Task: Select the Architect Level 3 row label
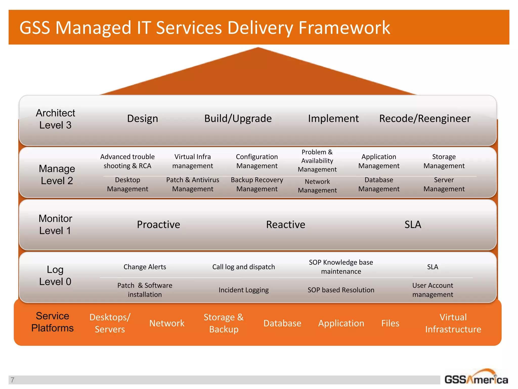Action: click(x=55, y=119)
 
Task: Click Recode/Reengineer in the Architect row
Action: click(x=425, y=119)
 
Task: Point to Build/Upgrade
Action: click(x=238, y=119)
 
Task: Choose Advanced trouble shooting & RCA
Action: click(x=127, y=161)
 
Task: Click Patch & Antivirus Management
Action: click(x=192, y=184)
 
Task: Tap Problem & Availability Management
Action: click(x=317, y=161)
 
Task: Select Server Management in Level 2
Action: click(x=444, y=184)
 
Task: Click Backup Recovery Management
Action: click(x=257, y=184)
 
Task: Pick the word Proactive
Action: click(x=158, y=225)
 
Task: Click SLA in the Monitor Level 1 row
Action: click(x=413, y=225)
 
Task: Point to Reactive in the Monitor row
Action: click(x=286, y=225)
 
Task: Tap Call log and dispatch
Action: click(x=243, y=267)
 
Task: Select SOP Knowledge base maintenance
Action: click(x=341, y=267)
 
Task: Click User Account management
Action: click(x=433, y=290)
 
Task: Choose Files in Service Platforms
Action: click(x=390, y=323)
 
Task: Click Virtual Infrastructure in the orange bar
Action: click(x=453, y=323)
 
